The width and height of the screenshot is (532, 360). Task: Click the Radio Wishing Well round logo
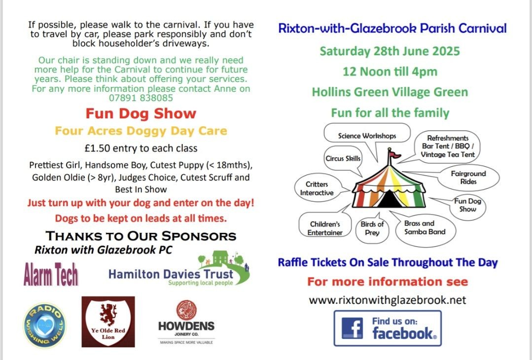point(44,325)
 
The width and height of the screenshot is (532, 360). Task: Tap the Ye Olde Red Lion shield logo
point(108,322)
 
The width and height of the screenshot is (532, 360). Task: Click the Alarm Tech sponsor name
point(51,274)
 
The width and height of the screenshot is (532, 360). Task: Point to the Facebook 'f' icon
point(352,328)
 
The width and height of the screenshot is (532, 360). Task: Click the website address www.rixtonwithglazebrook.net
point(388,300)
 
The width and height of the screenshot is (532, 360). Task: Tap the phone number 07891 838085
point(141,98)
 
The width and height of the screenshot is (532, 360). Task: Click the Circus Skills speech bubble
point(343,158)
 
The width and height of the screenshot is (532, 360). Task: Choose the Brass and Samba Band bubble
point(425,228)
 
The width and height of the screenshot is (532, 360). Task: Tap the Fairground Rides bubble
point(468,178)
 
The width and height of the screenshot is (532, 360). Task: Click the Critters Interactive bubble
point(317,189)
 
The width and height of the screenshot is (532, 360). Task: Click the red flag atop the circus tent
point(395,155)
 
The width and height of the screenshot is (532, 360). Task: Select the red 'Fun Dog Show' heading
point(141,113)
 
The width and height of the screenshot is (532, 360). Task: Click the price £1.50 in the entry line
point(97,148)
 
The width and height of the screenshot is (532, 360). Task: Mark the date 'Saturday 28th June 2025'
point(390,51)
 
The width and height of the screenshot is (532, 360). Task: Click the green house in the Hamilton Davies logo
point(220,258)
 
